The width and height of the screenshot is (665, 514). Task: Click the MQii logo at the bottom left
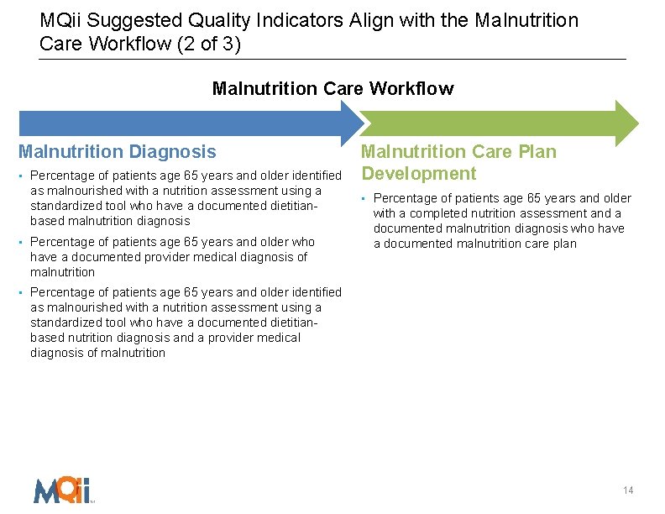click(62, 489)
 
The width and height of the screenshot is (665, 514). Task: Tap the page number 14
click(628, 490)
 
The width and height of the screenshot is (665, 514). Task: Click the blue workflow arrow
click(185, 123)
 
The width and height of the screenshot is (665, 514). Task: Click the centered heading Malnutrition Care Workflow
click(332, 88)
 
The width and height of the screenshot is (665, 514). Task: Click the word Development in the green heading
click(418, 174)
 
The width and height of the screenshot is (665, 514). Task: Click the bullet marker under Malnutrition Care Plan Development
click(365, 199)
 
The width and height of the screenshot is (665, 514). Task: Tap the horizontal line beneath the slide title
click(332, 60)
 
